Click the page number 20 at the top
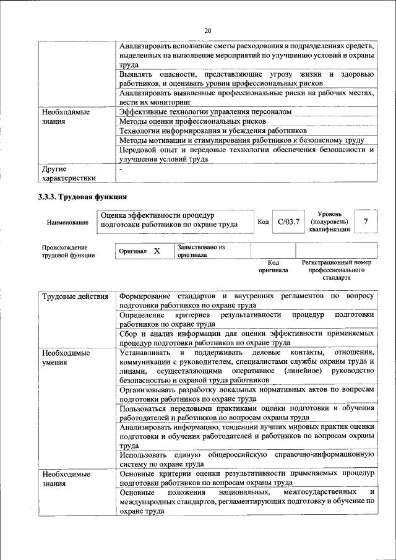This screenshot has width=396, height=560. click(207, 30)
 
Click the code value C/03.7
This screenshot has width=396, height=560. click(288, 221)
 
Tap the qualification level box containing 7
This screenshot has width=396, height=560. click(366, 221)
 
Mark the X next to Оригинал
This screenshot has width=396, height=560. click(157, 251)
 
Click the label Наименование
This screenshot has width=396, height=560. click(64, 222)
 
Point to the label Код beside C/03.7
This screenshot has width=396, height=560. click(262, 222)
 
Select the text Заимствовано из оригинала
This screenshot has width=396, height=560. click(200, 251)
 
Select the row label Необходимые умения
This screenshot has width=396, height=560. click(66, 357)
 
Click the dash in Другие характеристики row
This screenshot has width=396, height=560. click(121, 168)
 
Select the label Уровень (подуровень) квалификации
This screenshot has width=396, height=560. click(332, 221)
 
